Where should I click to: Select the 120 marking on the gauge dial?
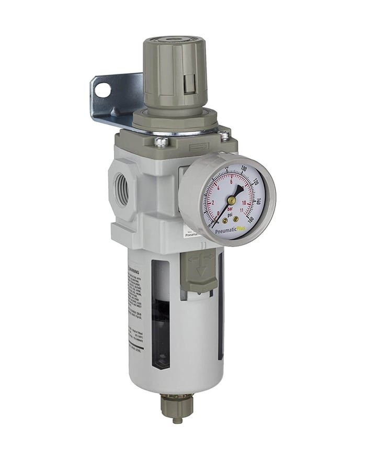coord(256,183)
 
